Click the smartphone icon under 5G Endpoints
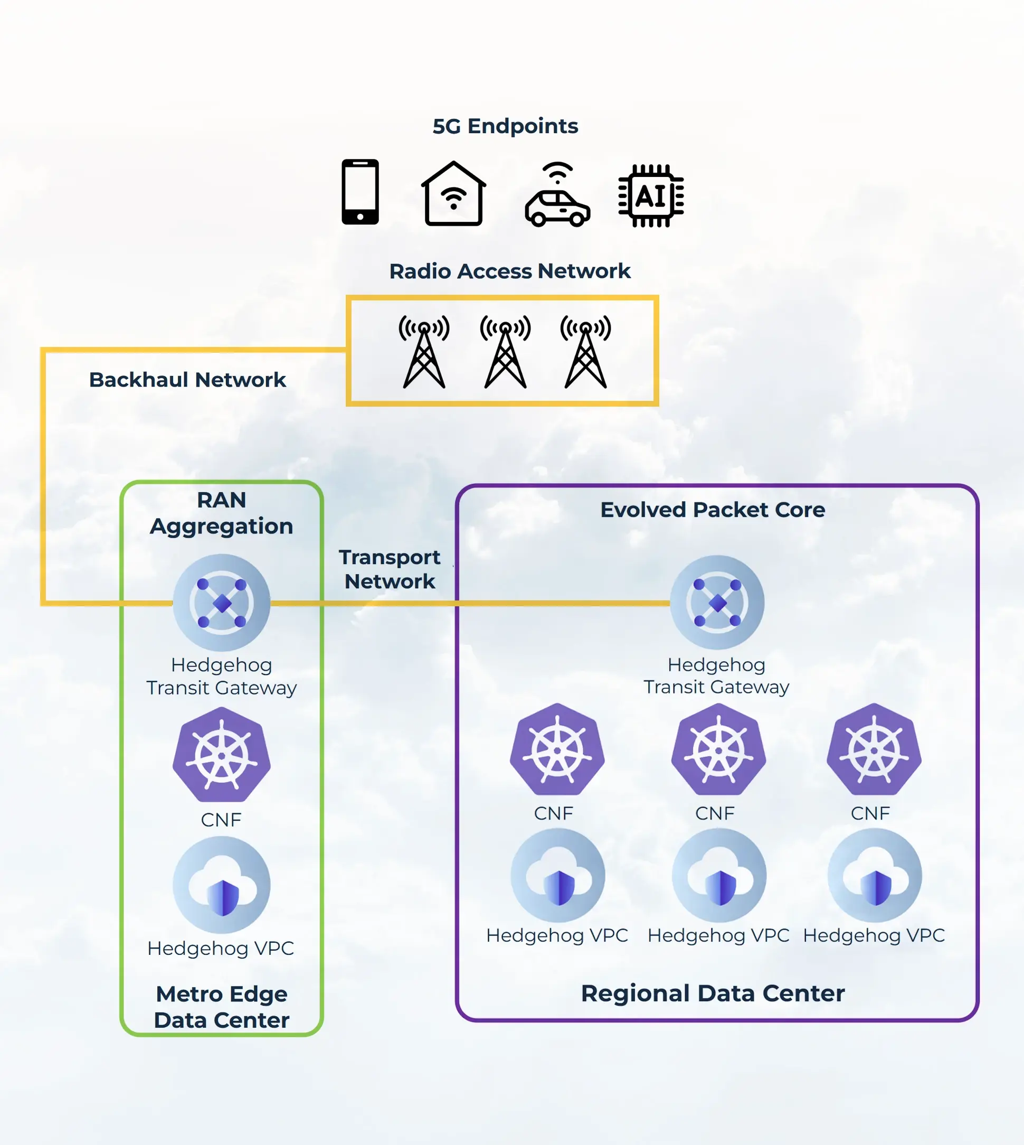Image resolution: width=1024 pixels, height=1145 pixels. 360,192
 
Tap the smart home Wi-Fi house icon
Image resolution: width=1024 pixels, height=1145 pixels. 453,194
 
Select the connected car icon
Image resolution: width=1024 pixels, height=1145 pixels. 557,195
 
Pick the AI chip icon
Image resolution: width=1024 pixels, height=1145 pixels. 651,196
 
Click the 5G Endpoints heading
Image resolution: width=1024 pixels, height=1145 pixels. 505,126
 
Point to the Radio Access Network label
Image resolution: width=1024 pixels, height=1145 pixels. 510,271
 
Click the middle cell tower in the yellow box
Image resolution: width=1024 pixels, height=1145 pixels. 505,352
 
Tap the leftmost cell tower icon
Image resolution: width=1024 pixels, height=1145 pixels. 424,352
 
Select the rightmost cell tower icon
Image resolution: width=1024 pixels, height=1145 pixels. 585,352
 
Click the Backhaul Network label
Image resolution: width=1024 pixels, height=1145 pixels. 187,380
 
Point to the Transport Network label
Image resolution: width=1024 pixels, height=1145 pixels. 390,569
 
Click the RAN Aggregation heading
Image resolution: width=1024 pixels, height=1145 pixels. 221,513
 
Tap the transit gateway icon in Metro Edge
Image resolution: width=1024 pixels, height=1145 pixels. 222,603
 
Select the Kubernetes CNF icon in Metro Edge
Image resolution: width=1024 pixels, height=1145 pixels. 222,755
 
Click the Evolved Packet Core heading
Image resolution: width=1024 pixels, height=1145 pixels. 712,510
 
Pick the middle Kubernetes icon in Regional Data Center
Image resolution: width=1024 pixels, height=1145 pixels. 718,750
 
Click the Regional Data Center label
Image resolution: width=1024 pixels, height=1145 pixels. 712,993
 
